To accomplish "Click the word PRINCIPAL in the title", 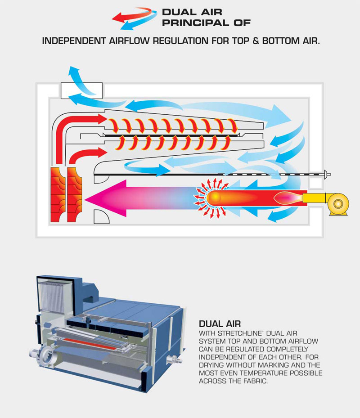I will [189, 22].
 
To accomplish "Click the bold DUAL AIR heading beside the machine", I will [219, 324].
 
